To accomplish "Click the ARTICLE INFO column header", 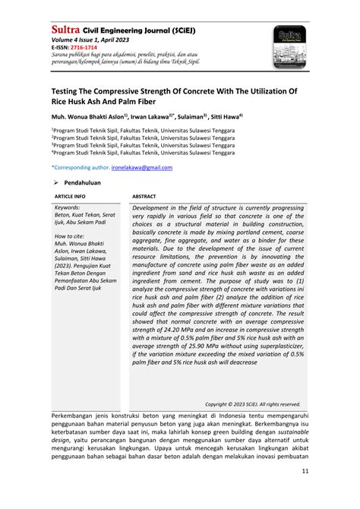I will click(70, 195).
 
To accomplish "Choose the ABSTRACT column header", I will click(144, 195).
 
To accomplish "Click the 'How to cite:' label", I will click(71, 236).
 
